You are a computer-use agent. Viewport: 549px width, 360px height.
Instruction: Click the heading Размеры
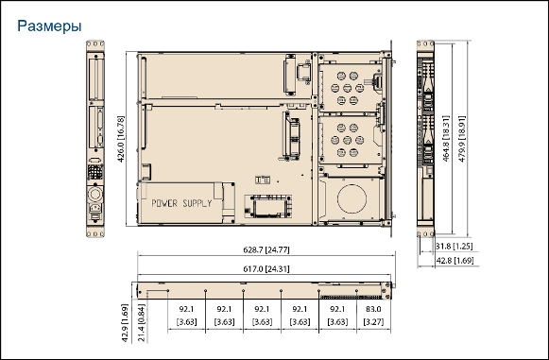(49, 26)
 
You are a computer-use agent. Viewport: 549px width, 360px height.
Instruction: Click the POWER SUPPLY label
(181, 203)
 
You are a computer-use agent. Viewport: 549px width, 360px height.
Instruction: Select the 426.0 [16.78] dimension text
(120, 139)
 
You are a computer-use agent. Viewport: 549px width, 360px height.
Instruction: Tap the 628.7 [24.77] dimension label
(266, 249)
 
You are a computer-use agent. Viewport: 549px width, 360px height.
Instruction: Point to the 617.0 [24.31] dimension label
(266, 269)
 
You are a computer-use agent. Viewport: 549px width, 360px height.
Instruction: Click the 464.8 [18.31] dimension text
(446, 138)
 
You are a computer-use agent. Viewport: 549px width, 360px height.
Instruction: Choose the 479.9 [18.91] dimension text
(462, 139)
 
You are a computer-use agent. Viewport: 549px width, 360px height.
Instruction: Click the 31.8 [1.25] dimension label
(454, 247)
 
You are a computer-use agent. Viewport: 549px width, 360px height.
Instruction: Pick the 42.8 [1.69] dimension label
(455, 261)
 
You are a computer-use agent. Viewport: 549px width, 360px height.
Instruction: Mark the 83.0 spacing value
(373, 309)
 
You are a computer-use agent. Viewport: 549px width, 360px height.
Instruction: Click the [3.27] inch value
(373, 321)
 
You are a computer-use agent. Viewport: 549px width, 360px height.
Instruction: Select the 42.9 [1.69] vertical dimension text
(125, 322)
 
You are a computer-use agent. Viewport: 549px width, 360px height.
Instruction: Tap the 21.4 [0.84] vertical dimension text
(142, 322)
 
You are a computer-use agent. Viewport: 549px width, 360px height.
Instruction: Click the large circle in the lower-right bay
(352, 198)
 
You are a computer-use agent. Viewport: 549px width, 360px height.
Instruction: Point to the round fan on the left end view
(95, 194)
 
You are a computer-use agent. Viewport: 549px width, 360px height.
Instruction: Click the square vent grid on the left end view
(95, 172)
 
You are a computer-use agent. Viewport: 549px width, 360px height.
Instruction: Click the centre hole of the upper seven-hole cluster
(348, 88)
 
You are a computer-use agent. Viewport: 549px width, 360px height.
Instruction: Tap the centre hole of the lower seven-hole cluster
(348, 140)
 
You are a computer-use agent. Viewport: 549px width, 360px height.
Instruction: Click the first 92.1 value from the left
(186, 309)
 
